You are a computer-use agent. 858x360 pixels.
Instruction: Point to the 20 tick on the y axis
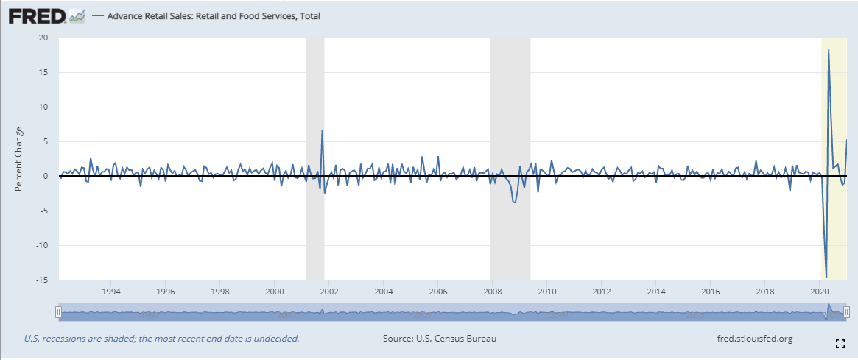click(x=43, y=38)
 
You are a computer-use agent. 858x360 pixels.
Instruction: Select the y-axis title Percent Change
click(x=19, y=160)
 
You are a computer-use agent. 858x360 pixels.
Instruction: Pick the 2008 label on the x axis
click(x=493, y=291)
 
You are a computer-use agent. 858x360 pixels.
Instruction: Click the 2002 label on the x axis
click(x=328, y=291)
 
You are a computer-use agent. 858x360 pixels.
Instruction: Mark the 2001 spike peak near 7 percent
click(x=322, y=130)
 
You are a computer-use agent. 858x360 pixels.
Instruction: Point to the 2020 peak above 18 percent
click(x=829, y=50)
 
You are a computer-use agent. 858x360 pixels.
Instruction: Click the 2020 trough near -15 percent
click(x=826, y=277)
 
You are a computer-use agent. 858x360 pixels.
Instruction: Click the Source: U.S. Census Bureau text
click(x=440, y=339)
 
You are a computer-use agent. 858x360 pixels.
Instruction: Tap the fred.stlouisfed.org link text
click(x=754, y=339)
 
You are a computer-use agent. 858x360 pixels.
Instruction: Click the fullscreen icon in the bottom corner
click(x=840, y=344)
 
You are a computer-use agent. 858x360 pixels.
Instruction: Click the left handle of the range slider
click(x=58, y=313)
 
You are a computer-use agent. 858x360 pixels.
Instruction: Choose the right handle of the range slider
click(x=847, y=313)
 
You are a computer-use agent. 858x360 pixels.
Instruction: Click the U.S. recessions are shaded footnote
click(x=161, y=339)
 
